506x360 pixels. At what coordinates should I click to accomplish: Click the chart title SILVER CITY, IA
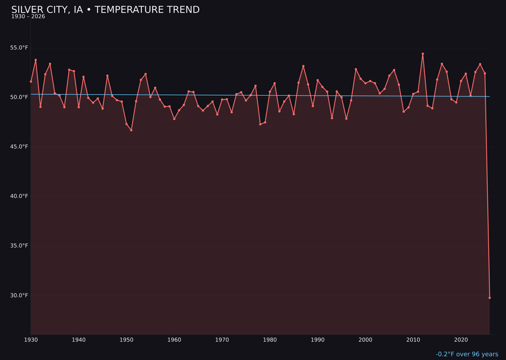pyautogui.click(x=105, y=10)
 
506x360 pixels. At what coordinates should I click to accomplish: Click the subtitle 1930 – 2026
pyautogui.click(x=28, y=16)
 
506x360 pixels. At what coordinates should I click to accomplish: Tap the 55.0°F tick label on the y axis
pyautogui.click(x=19, y=48)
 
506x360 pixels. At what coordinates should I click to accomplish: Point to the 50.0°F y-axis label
pyautogui.click(x=19, y=97)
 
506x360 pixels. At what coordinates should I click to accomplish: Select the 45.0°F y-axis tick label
pyautogui.click(x=19, y=147)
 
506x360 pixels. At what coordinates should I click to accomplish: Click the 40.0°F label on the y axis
pyautogui.click(x=19, y=196)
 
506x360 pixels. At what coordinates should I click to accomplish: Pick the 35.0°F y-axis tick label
pyautogui.click(x=19, y=246)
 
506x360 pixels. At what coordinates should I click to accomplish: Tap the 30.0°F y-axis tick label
pyautogui.click(x=19, y=295)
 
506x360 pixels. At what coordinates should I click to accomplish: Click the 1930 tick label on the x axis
pyautogui.click(x=31, y=340)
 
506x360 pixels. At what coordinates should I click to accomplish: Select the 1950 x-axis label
pyautogui.click(x=126, y=340)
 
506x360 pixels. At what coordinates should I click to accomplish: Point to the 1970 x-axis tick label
pyautogui.click(x=222, y=340)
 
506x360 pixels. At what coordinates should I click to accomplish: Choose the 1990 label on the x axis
pyautogui.click(x=318, y=340)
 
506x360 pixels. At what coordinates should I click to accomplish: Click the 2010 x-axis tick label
pyautogui.click(x=413, y=340)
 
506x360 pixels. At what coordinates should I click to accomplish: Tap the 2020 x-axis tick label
pyautogui.click(x=461, y=340)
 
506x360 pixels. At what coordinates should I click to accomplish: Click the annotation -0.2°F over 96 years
pyautogui.click(x=467, y=354)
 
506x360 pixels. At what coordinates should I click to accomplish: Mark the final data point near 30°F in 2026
pyautogui.click(x=490, y=298)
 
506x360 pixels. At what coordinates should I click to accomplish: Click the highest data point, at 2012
pyautogui.click(x=423, y=54)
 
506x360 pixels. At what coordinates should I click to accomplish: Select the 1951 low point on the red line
pyautogui.click(x=131, y=130)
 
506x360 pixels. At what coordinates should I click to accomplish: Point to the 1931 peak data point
pyautogui.click(x=36, y=60)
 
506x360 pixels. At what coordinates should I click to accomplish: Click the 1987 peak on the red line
pyautogui.click(x=303, y=66)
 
